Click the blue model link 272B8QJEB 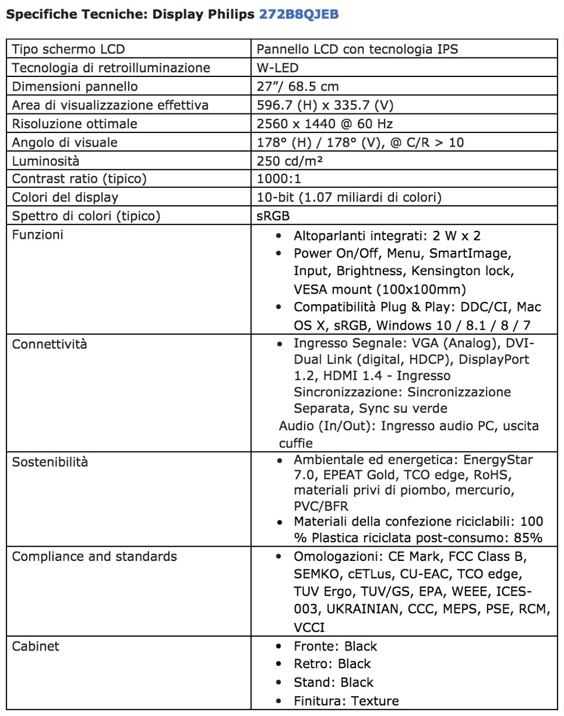299,14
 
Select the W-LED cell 277,67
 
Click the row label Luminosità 46,161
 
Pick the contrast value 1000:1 280,178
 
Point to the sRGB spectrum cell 274,215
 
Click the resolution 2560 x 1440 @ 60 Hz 324,124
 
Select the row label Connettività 49,344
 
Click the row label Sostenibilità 49,462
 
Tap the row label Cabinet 36,646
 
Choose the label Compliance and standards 94,557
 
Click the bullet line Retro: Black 331,664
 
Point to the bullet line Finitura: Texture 346,700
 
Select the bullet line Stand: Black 333,683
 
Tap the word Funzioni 38,234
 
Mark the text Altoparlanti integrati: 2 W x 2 387,235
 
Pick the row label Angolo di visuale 65,142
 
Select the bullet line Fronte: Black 335,646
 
